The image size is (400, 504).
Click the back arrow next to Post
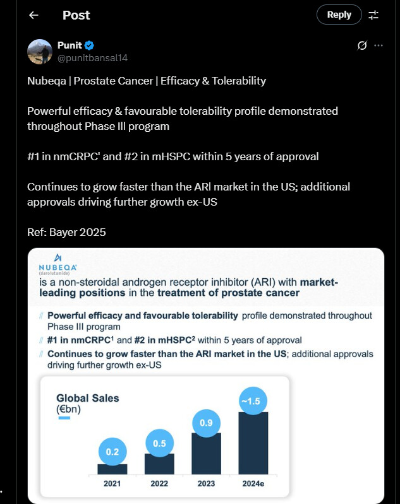pos(33,15)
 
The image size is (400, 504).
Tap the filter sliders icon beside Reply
pos(373,15)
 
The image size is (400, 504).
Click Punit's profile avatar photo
pos(40,51)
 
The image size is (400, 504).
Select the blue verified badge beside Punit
pos(90,45)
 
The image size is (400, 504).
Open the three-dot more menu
pos(379,45)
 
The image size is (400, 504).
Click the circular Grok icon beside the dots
pos(363,45)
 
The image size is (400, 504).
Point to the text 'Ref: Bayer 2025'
pos(66,232)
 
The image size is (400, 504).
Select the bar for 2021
pos(112,469)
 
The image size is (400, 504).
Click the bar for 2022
pos(159,464)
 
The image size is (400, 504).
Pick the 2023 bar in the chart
pos(206,454)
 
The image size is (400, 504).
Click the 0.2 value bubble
pos(112,452)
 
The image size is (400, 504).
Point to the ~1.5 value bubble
pos(253,401)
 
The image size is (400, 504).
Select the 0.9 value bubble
pos(206,423)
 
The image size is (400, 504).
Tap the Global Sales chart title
pos(87,398)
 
